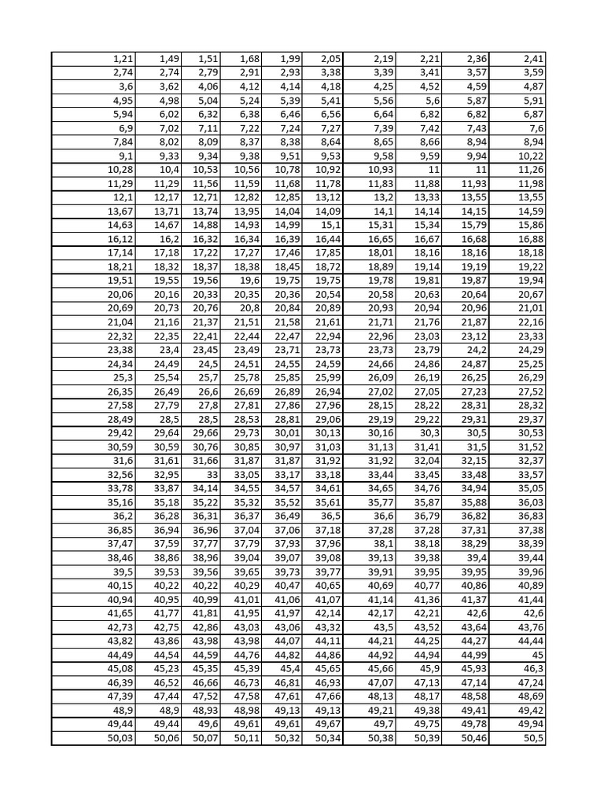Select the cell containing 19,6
[x=250, y=281]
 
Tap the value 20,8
[x=250, y=308]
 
